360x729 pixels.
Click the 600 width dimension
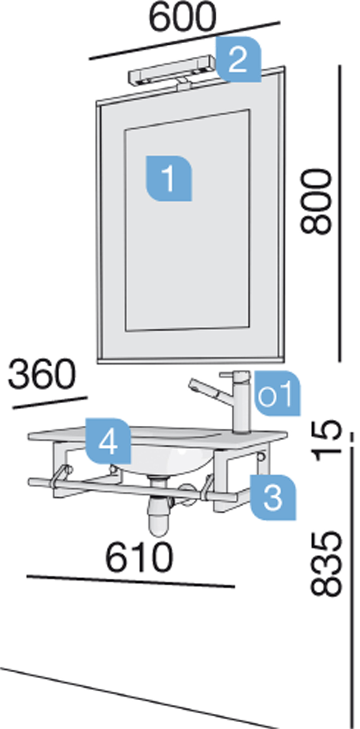[182, 17]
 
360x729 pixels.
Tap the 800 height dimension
[316, 201]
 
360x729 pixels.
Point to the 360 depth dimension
[42, 373]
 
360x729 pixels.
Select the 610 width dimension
[139, 557]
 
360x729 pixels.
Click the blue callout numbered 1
[169, 178]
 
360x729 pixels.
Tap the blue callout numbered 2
[238, 59]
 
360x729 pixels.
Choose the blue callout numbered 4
[108, 441]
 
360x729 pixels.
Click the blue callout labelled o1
[277, 393]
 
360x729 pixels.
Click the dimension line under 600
[184, 40]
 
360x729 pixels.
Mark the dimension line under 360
[50, 402]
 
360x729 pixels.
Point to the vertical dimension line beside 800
[339, 213]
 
